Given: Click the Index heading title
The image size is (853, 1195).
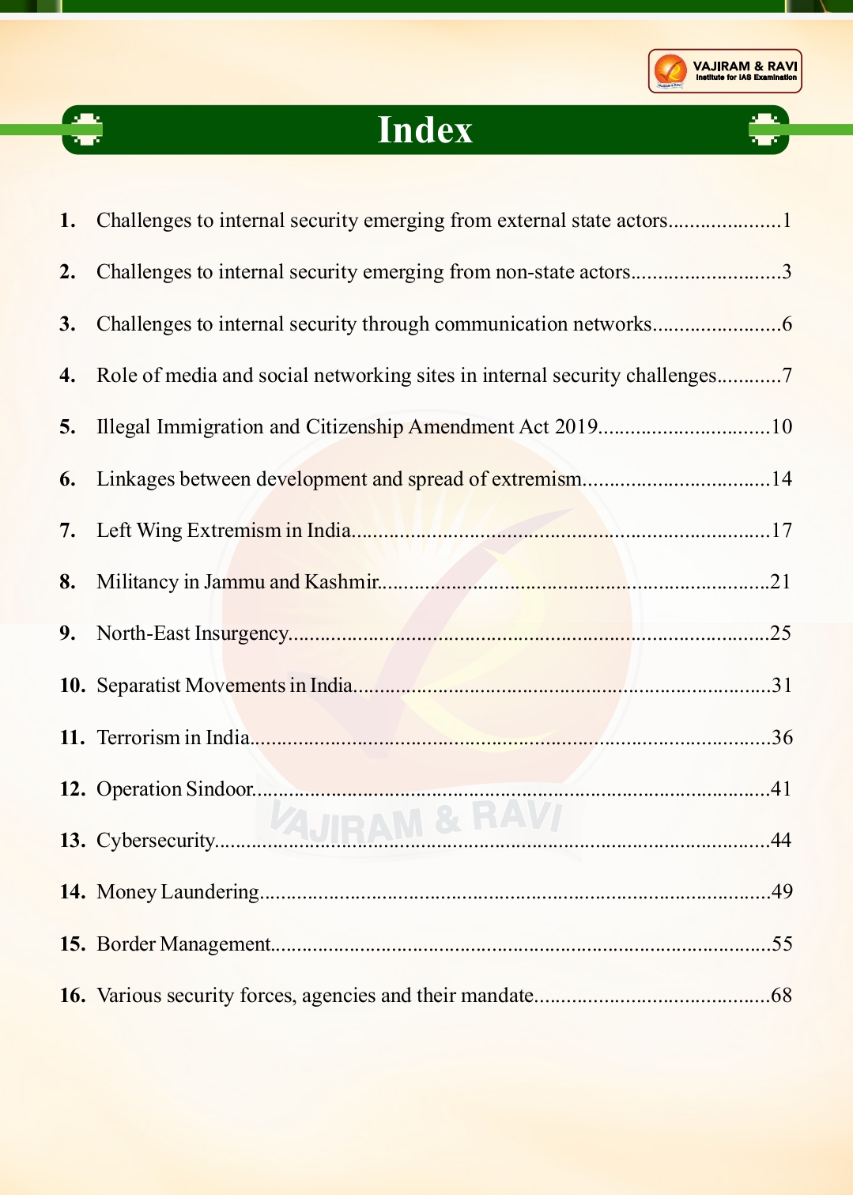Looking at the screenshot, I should coord(425,130).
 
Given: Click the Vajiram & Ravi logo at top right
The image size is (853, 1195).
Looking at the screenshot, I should coord(724,71).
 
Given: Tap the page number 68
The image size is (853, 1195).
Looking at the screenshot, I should coord(781,995).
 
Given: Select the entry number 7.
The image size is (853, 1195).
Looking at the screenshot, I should coord(67,530).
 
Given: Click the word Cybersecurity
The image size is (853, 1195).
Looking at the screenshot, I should coord(155,840).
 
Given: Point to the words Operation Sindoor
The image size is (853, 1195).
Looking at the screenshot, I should coord(174,788).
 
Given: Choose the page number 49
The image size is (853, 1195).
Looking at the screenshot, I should coord(781,891).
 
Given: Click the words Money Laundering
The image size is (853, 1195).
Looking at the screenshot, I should coord(177,892).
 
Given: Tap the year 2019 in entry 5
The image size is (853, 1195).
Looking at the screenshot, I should coord(576,427).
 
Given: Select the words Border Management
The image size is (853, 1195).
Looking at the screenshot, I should coord(183,944).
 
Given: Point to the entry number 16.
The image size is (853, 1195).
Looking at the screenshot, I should coord(72,995).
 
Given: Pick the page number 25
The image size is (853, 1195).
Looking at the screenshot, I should coord(780,633).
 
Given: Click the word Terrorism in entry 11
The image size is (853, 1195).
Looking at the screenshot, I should coord(138,737).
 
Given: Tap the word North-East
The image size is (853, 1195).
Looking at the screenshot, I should coord(143,633).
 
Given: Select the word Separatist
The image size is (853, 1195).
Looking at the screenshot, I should coord(138,686).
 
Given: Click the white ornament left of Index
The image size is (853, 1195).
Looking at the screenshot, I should coord(86,130).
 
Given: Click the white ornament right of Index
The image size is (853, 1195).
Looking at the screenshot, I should coord(764,130).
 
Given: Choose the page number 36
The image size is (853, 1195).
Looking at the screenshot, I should coord(781,737).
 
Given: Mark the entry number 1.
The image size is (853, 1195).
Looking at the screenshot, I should coord(67,221).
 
